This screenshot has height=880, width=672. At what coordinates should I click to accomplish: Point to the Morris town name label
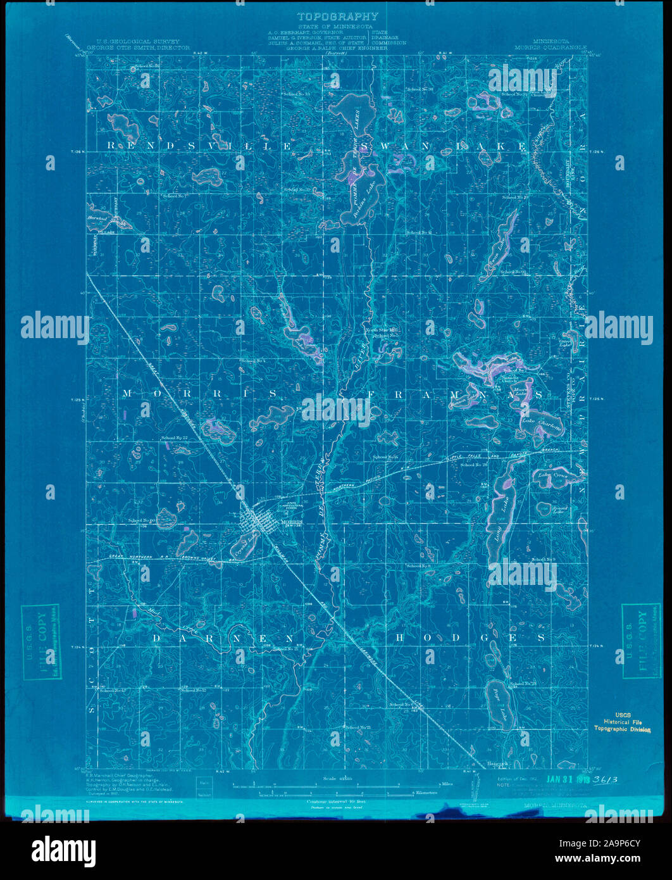pos(291,522)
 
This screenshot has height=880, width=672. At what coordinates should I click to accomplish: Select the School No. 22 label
pos(175,438)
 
